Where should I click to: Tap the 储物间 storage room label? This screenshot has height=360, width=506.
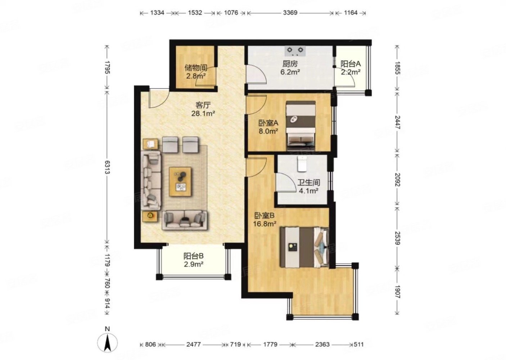click(x=195, y=67)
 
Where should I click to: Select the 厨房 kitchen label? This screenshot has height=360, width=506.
click(x=290, y=64)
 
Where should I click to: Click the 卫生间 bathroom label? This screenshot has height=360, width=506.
click(x=308, y=183)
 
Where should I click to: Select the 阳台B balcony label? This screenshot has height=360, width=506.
click(x=194, y=256)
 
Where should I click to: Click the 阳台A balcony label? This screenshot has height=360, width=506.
click(x=351, y=64)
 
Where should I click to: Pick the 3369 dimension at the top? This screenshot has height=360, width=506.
click(x=290, y=13)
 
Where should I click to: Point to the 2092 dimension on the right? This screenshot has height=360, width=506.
click(x=397, y=179)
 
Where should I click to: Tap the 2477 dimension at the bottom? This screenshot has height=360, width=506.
click(x=193, y=345)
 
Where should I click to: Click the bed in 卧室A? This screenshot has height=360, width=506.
click(x=301, y=126)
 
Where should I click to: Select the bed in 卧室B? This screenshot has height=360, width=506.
click(x=304, y=247)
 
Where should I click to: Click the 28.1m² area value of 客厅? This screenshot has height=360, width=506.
click(x=203, y=114)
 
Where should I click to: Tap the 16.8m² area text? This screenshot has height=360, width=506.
click(x=265, y=223)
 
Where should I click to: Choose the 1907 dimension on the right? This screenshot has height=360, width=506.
click(x=397, y=291)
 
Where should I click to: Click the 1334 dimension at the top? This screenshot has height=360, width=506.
click(x=157, y=13)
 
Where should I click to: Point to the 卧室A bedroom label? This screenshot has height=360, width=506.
click(x=268, y=123)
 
